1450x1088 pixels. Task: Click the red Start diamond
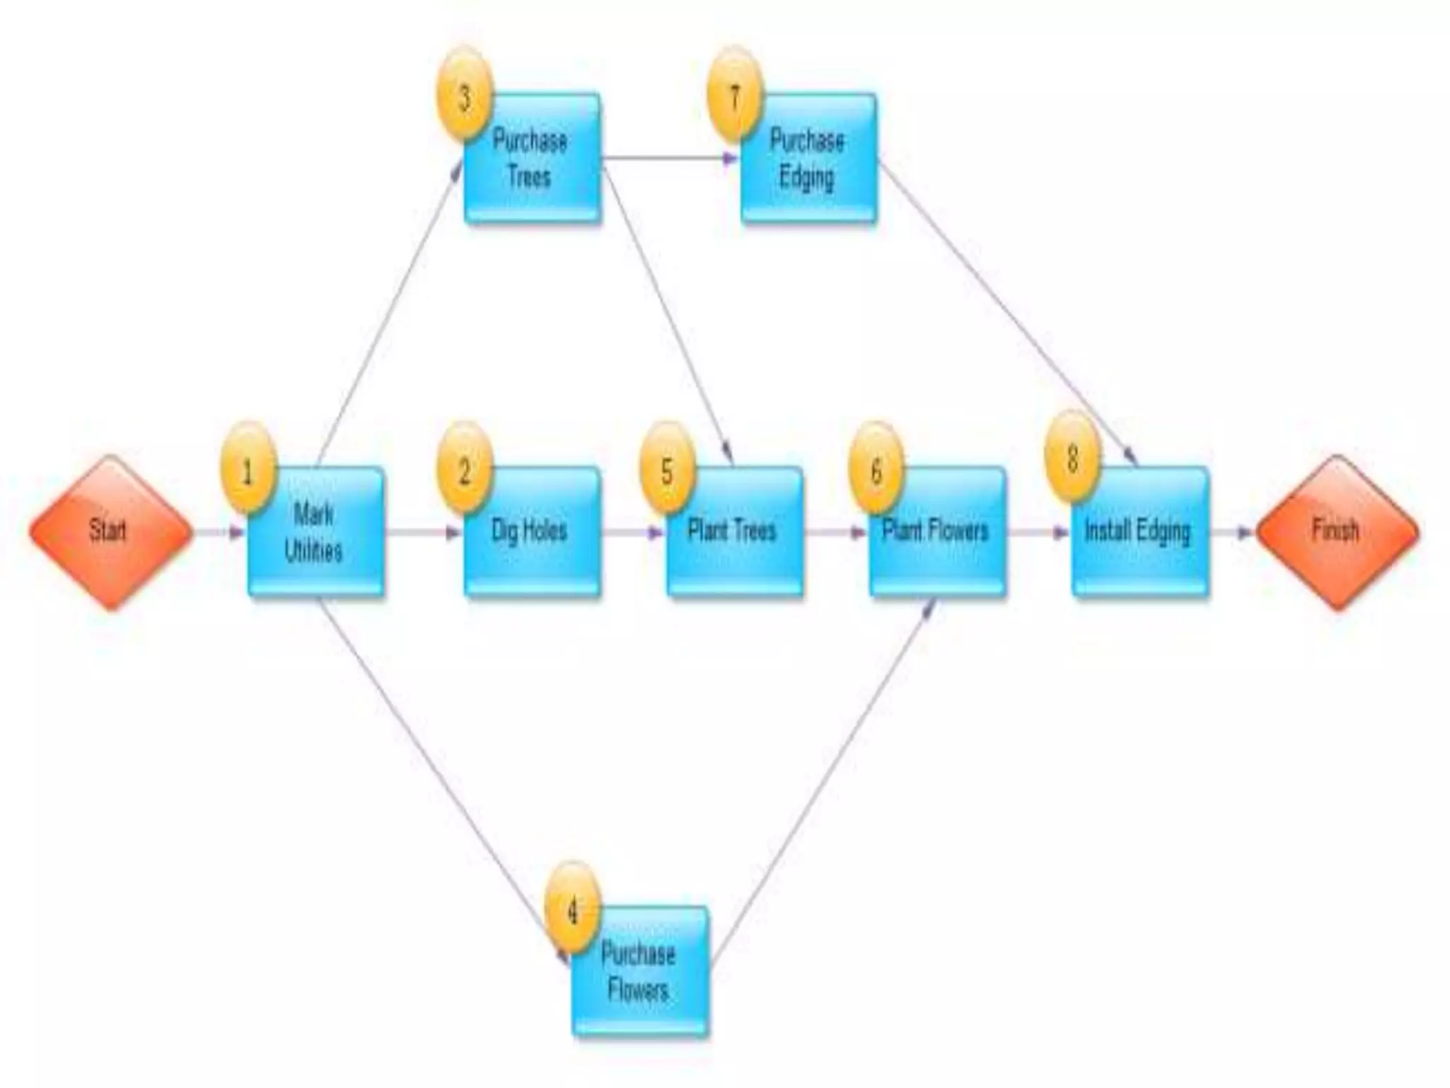(x=110, y=532)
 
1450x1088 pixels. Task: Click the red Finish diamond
(x=1337, y=532)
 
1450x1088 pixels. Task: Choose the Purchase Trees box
(x=532, y=159)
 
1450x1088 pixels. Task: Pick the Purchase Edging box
(x=808, y=159)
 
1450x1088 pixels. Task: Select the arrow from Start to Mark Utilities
(x=219, y=533)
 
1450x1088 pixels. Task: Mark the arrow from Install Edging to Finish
(x=1232, y=533)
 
